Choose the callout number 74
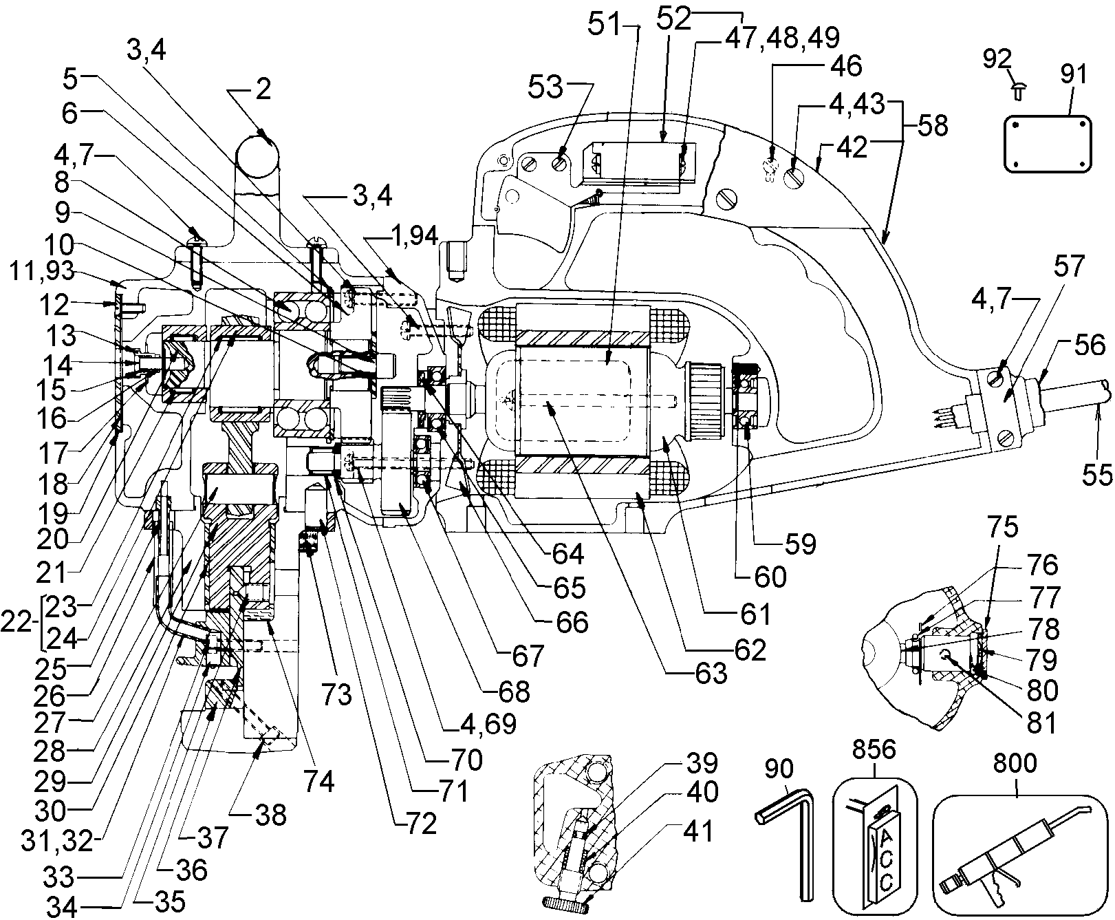click(x=320, y=782)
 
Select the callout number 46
click(x=845, y=67)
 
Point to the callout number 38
click(x=271, y=815)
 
